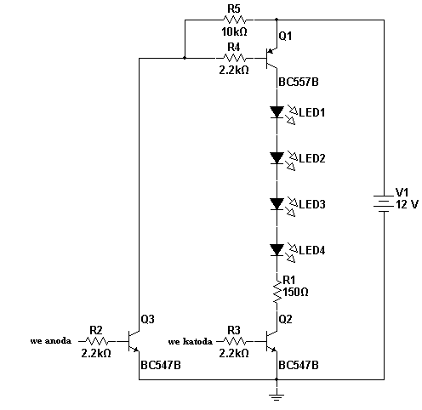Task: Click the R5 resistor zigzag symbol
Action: pyautogui.click(x=235, y=20)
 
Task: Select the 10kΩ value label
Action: pyautogui.click(x=234, y=31)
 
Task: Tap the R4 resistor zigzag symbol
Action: pyautogui.click(x=235, y=58)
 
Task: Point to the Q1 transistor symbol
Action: pyautogui.click(x=271, y=59)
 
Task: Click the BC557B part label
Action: pyautogui.click(x=299, y=82)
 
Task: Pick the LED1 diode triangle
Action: pyautogui.click(x=277, y=112)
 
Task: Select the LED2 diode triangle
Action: pyautogui.click(x=277, y=158)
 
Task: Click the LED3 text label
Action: pyautogui.click(x=312, y=204)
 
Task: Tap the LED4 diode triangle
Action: pyautogui.click(x=277, y=250)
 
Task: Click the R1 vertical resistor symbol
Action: pyautogui.click(x=277, y=292)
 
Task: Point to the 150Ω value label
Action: pyautogui.click(x=295, y=292)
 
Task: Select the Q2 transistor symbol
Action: pyautogui.click(x=271, y=341)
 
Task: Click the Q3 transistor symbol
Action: pyautogui.click(x=134, y=341)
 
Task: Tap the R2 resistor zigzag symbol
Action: pyautogui.click(x=97, y=341)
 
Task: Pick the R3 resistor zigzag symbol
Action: pyautogui.click(x=235, y=341)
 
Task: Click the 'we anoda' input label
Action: pyautogui.click(x=51, y=340)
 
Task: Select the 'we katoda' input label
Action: pyautogui.click(x=190, y=341)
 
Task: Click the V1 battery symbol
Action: pyautogui.click(x=384, y=203)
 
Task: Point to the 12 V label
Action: pyautogui.click(x=407, y=204)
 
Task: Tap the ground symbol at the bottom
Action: pyautogui.click(x=277, y=396)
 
